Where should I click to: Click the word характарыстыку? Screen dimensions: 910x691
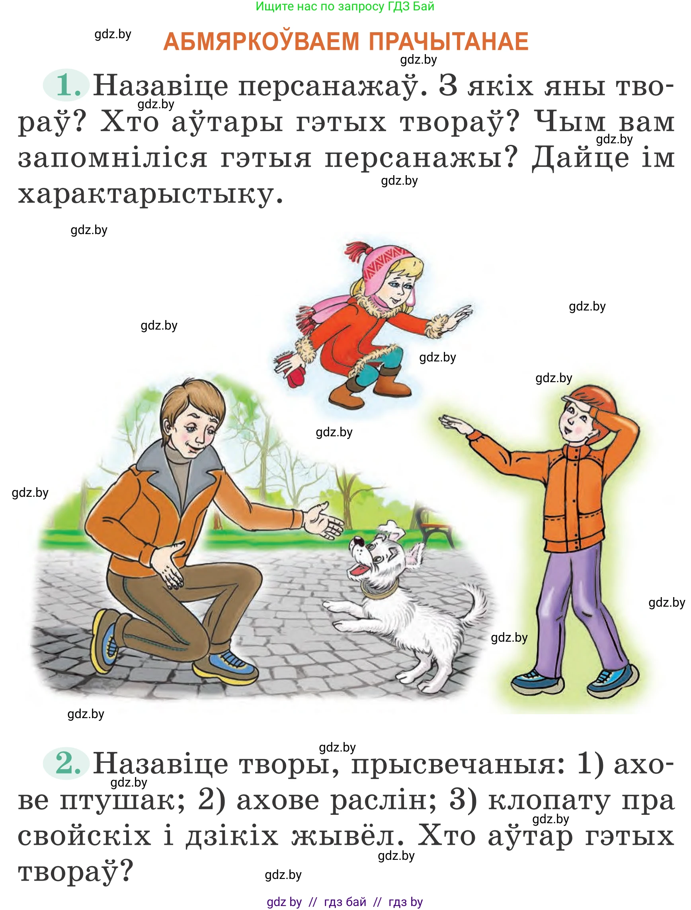click(x=150, y=193)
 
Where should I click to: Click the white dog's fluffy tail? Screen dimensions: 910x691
click(x=473, y=601)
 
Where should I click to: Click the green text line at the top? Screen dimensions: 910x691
click(x=345, y=7)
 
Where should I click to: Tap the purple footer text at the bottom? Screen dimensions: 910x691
click(x=345, y=902)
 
